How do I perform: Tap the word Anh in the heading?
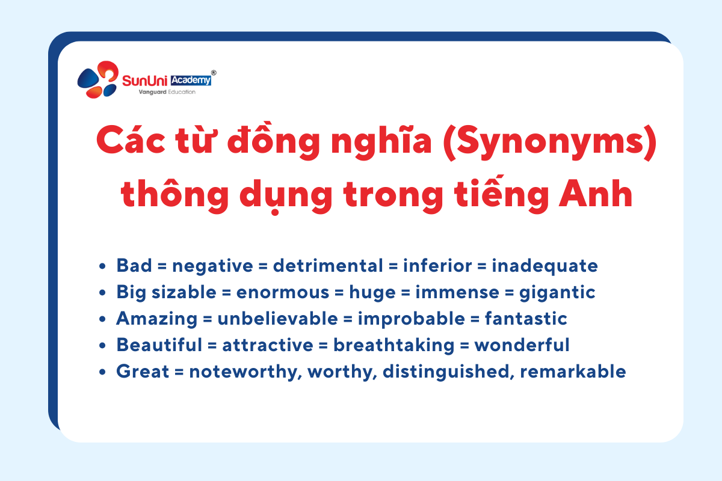pos(596,194)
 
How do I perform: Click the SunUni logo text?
pos(145,81)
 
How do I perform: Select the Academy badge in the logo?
pos(191,80)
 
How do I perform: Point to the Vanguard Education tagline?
pos(167,92)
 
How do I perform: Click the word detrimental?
pos(328,266)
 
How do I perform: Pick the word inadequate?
pos(545,266)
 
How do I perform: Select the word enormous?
pos(283,293)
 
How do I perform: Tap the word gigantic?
pos(557,293)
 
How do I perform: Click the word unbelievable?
pos(278,319)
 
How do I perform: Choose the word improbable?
pos(412,319)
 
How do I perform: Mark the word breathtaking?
pos(393,345)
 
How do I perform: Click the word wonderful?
pos(522,345)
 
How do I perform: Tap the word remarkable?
pos(573,372)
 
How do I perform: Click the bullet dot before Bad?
pos(102,266)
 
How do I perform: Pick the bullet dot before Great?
pos(102,372)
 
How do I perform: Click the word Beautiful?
pos(159,345)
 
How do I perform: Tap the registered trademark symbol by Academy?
pos(214,73)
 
